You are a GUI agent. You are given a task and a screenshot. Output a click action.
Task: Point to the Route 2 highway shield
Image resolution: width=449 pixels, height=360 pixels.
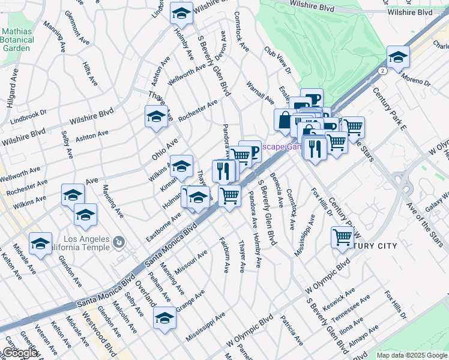[382, 70]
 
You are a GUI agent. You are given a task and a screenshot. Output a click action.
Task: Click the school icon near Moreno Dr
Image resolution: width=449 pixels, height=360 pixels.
[397, 57]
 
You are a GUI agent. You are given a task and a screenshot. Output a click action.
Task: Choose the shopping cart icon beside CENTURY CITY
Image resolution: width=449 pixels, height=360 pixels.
[342, 237]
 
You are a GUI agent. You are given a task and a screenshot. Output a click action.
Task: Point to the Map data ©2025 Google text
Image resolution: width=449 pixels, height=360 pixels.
[412, 355]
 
